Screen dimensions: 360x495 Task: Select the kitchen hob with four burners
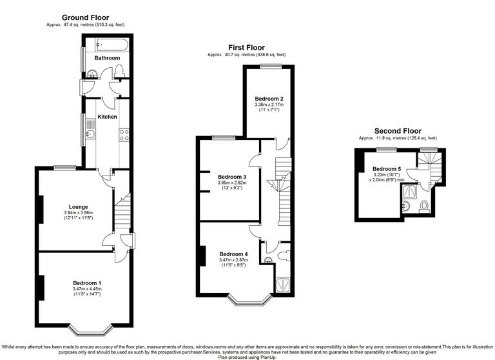point(123,135)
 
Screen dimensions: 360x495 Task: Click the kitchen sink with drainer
point(90,135)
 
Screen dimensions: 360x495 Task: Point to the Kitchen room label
point(107,117)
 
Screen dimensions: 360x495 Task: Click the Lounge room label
point(79,206)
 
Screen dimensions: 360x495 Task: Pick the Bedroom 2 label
point(269,98)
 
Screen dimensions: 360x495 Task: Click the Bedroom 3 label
point(232,177)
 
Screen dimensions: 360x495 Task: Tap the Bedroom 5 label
point(387,169)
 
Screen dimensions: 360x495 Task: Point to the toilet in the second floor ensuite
point(424,206)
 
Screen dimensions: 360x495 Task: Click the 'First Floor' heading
point(246,47)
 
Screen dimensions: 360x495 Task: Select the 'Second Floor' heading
point(398,130)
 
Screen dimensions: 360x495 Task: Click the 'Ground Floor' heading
point(85,17)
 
